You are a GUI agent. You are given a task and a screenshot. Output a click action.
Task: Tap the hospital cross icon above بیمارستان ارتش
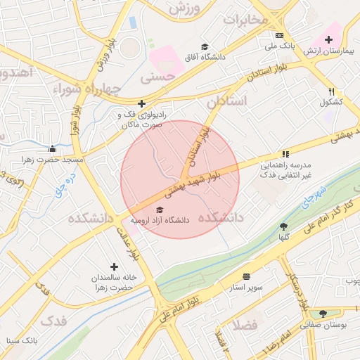click(x=328, y=39)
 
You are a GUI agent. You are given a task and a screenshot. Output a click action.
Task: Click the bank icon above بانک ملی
click(x=279, y=35)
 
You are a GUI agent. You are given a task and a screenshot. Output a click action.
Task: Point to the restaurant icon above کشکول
click(x=331, y=91)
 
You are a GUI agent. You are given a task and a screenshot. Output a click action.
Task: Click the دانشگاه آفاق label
click(x=204, y=57)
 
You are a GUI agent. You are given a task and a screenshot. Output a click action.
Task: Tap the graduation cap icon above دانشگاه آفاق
click(x=205, y=46)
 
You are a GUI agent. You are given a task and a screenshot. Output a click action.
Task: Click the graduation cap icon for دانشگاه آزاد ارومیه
click(x=160, y=210)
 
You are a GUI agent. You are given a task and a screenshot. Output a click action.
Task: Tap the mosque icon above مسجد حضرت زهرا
click(x=52, y=148)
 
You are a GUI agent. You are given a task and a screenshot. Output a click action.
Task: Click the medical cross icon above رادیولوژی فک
click(x=142, y=103)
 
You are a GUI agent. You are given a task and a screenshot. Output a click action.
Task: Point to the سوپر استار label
click(x=241, y=288)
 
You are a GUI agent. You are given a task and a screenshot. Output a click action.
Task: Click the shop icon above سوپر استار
click(x=245, y=276)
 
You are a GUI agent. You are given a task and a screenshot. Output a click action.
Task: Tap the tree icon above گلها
click(x=283, y=226)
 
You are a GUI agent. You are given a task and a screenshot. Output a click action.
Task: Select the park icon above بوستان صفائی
click(x=323, y=314)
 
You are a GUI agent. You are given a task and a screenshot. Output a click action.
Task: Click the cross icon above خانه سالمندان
click(x=114, y=266)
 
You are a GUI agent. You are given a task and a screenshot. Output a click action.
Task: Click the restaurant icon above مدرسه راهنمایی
click(x=285, y=154)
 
